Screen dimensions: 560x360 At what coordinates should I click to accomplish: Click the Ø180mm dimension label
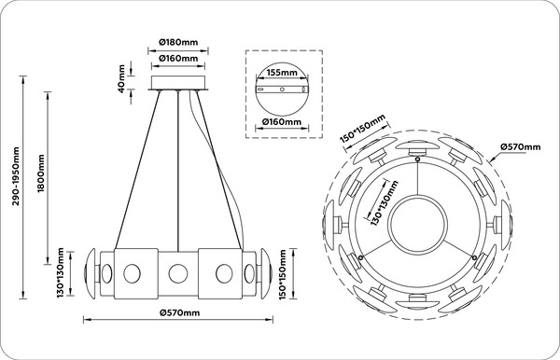(x=178, y=43)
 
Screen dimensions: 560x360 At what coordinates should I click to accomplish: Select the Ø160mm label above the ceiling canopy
(x=178, y=58)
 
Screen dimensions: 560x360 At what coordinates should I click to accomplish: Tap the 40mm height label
(x=121, y=79)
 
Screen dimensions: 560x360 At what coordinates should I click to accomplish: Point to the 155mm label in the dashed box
(x=282, y=73)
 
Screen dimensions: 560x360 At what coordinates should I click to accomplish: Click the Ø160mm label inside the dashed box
(x=282, y=121)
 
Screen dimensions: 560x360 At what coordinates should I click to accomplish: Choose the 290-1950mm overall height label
(x=16, y=176)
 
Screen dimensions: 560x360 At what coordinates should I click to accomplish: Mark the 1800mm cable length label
(x=41, y=173)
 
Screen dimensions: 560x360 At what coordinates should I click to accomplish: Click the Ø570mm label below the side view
(x=180, y=313)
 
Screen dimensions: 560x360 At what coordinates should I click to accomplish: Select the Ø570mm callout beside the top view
(x=521, y=146)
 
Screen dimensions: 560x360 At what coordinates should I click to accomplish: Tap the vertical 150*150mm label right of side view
(x=283, y=275)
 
